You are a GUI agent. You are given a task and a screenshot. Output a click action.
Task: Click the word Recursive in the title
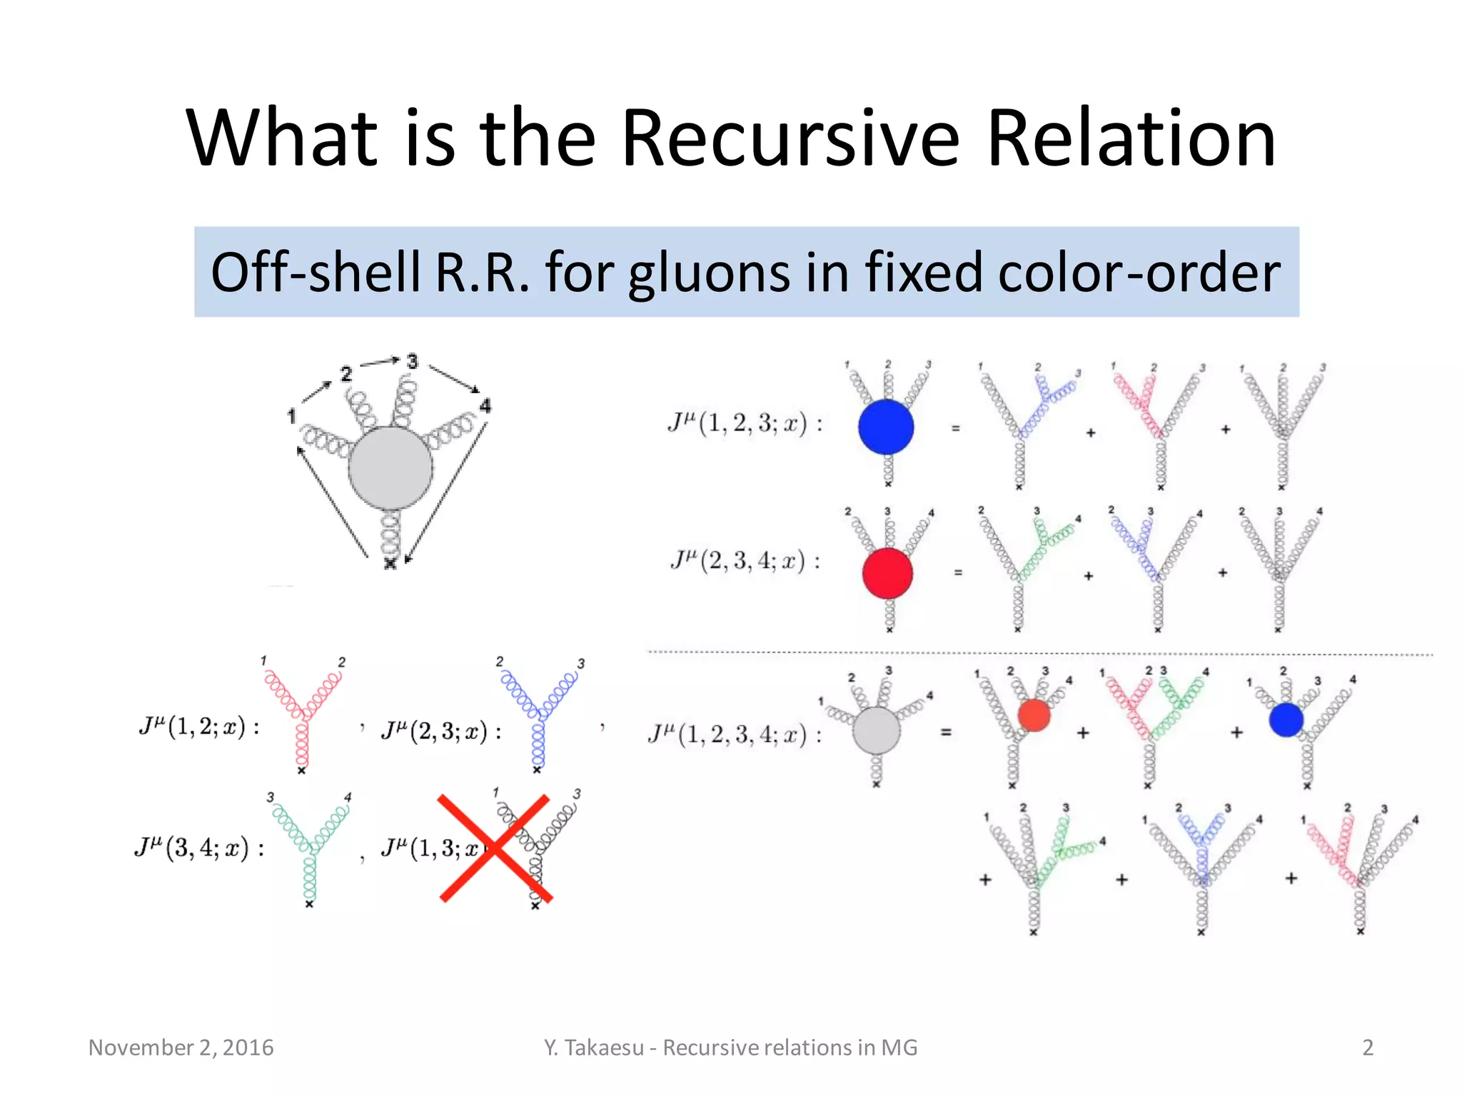(x=791, y=138)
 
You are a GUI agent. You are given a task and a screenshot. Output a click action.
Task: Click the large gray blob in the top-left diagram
(x=390, y=468)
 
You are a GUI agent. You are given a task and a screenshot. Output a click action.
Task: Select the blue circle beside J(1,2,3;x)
(x=886, y=427)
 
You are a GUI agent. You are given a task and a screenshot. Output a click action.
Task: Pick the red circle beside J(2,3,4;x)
(x=887, y=573)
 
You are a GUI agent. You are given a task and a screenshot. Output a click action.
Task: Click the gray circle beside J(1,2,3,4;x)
(x=877, y=731)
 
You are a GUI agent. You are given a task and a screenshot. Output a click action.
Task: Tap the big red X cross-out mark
(x=495, y=848)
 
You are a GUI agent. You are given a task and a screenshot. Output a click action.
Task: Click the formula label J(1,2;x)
(x=199, y=726)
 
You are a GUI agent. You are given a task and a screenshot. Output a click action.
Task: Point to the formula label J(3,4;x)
(x=199, y=848)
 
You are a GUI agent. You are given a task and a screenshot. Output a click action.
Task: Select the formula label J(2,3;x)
(x=441, y=731)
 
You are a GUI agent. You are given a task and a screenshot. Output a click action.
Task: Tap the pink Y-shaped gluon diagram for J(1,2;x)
(x=303, y=714)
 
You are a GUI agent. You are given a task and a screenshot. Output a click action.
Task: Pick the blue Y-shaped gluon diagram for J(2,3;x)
(x=538, y=714)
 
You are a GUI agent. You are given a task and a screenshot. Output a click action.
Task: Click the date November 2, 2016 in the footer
(x=181, y=1047)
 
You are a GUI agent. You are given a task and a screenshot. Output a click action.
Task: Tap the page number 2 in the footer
(x=1368, y=1047)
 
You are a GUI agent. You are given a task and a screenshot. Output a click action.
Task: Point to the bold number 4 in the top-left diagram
(x=485, y=406)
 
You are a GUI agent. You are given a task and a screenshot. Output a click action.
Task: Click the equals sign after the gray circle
(x=946, y=732)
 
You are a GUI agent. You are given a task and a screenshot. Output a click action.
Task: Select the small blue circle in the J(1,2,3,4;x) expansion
(x=1286, y=720)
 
